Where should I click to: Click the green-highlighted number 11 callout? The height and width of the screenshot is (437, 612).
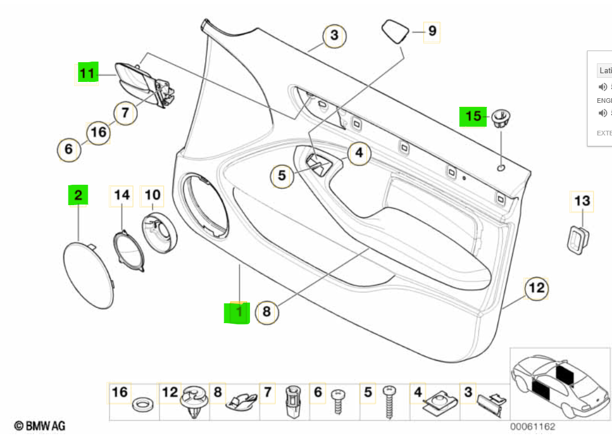pyautogui.click(x=87, y=74)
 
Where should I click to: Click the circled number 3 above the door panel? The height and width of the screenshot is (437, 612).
pyautogui.click(x=334, y=35)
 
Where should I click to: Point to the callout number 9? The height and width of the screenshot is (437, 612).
pyautogui.click(x=431, y=30)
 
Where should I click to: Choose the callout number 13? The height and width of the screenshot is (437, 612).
pyautogui.click(x=582, y=202)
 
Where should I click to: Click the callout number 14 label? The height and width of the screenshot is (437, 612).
pyautogui.click(x=121, y=195)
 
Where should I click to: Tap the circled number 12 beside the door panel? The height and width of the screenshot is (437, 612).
pyautogui.click(x=537, y=288)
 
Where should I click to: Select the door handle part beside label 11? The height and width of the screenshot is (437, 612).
pyautogui.click(x=139, y=84)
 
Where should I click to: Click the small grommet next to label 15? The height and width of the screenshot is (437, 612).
pyautogui.click(x=500, y=119)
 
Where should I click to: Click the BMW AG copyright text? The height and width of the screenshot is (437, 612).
pyautogui.click(x=40, y=427)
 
